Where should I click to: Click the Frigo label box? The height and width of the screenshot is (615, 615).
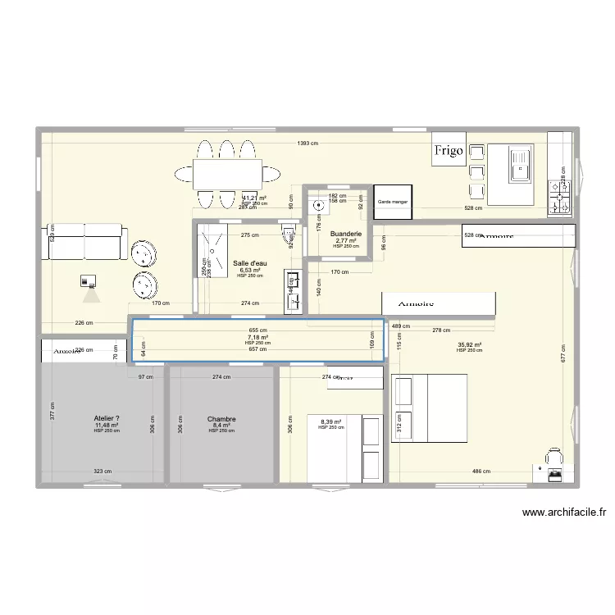pos(449,150)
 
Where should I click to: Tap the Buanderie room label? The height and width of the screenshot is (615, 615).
pos(345,210)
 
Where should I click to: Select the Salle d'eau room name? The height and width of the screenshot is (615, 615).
pos(249,263)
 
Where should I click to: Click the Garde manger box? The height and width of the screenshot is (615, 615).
pos(393,202)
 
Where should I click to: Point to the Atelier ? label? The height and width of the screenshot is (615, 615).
pos(107,418)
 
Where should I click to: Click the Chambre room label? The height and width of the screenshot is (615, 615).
pos(221,419)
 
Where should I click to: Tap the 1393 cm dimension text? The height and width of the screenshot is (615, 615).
pos(308,143)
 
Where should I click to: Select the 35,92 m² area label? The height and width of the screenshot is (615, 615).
pos(470,345)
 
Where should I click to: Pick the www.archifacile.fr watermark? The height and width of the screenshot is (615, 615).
pos(564,513)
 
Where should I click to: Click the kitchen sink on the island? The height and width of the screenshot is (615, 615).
pos(519,163)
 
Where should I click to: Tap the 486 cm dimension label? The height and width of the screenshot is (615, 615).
pos(481,471)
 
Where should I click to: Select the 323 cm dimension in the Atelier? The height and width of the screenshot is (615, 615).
pos(102,471)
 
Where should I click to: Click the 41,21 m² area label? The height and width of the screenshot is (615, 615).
pos(255,198)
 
